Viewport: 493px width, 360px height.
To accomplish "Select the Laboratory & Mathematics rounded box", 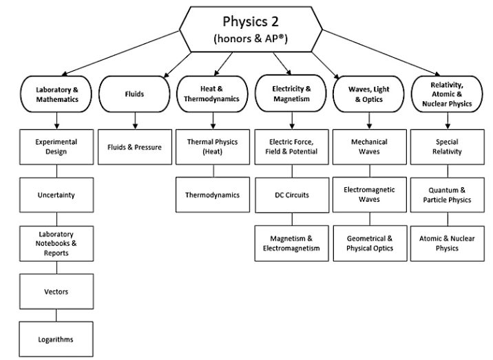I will coord(56,94).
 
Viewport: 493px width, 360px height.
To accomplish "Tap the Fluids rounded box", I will coord(134,94).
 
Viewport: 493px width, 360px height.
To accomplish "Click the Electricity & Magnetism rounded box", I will coord(291,94).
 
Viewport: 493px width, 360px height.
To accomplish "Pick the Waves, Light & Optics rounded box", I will coord(370,94).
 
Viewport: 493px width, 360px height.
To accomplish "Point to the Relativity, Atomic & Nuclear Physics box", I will coord(448,94).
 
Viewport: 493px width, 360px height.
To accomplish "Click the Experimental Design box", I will coord(56,147).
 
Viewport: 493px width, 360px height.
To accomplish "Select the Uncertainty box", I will coord(56,195).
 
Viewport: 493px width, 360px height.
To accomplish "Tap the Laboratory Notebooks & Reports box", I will coord(56,243).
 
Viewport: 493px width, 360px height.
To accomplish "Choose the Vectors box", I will coord(56,291).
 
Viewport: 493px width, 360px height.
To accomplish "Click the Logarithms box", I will coord(56,339).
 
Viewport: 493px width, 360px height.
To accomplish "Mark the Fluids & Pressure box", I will coord(134,147).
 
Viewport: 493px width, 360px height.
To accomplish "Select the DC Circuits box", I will coord(291,195).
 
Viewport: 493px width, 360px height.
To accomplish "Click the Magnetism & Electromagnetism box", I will coord(291,243).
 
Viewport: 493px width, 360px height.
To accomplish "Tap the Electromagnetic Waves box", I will coord(370,195).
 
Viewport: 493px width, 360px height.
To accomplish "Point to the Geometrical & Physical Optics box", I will coord(370,243).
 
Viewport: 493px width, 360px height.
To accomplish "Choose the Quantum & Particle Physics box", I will coord(448,195).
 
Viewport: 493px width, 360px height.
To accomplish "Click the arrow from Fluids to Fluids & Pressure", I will coord(134,120).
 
